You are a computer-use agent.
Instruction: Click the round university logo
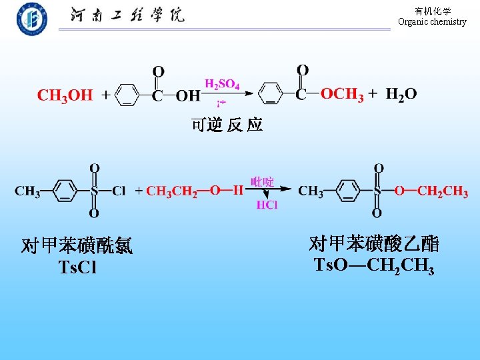[31, 19]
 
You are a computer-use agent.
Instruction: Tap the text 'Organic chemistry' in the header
[432, 22]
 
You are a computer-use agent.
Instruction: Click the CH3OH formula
[65, 95]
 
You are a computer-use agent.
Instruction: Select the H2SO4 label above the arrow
[222, 84]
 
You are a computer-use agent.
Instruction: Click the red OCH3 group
[342, 95]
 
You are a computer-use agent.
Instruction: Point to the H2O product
[401, 95]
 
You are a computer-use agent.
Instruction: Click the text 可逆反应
[227, 125]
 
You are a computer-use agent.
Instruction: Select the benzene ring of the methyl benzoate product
[271, 95]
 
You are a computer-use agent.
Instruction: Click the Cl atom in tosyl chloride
[119, 191]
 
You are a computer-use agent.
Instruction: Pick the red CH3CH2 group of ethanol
[171, 192]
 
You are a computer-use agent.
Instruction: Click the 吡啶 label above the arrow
[263, 181]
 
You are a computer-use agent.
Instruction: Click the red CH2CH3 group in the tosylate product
[443, 192]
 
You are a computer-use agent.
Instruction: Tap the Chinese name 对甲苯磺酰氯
[77, 247]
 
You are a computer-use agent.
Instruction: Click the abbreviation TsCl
[77, 268]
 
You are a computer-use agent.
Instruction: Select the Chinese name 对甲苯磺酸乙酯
[374, 243]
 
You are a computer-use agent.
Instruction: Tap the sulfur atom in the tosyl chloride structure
[94, 191]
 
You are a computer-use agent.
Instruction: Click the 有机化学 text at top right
[433, 11]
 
